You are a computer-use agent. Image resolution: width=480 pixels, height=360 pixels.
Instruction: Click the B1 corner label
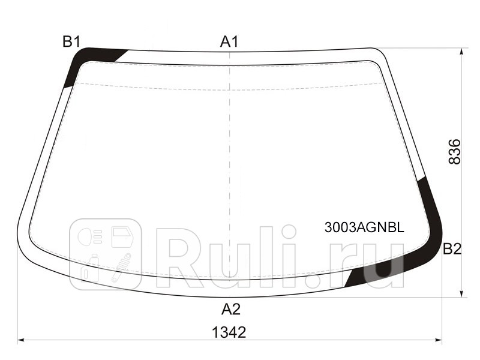pos(71,41)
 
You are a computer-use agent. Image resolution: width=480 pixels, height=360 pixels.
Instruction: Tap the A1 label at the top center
pos(229,41)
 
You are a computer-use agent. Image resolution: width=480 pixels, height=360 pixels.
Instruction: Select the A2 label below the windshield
pos(230,309)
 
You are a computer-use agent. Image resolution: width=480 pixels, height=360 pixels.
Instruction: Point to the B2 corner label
pos(452,249)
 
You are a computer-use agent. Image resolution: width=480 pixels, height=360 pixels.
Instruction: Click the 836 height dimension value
pos(454,152)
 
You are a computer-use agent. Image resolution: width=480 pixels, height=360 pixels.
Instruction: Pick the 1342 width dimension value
pos(229,332)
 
